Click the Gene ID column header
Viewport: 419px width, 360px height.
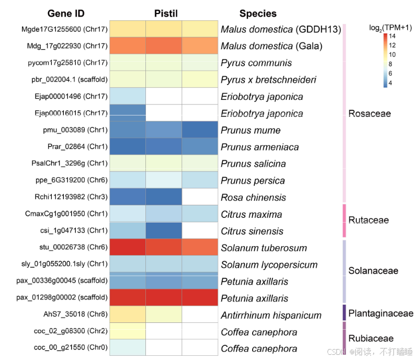click(66, 14)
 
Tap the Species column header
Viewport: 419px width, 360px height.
click(258, 14)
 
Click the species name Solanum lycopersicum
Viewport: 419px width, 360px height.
click(269, 265)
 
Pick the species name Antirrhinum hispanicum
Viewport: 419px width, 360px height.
click(271, 315)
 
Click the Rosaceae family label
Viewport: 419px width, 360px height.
click(369, 113)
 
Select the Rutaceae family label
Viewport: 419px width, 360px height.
click(368, 220)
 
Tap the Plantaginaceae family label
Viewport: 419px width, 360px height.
click(380, 313)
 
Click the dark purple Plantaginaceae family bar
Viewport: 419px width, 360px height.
click(344, 312)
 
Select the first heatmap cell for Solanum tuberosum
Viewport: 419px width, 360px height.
click(127, 248)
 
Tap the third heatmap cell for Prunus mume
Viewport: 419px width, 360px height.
click(200, 130)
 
